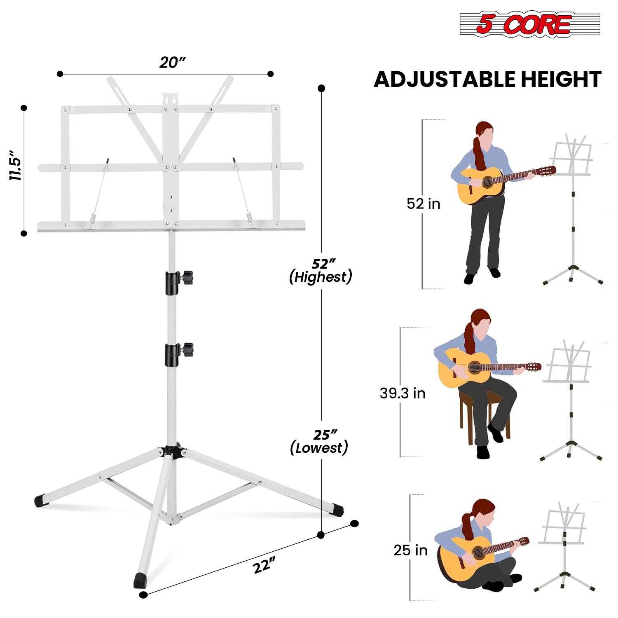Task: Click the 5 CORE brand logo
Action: (529, 24)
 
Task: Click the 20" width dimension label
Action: (172, 63)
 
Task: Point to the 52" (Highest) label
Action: (321, 271)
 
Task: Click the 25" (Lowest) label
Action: (320, 441)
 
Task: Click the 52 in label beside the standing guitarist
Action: (423, 204)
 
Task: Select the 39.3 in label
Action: (402, 393)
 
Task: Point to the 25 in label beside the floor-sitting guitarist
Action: (410, 550)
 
